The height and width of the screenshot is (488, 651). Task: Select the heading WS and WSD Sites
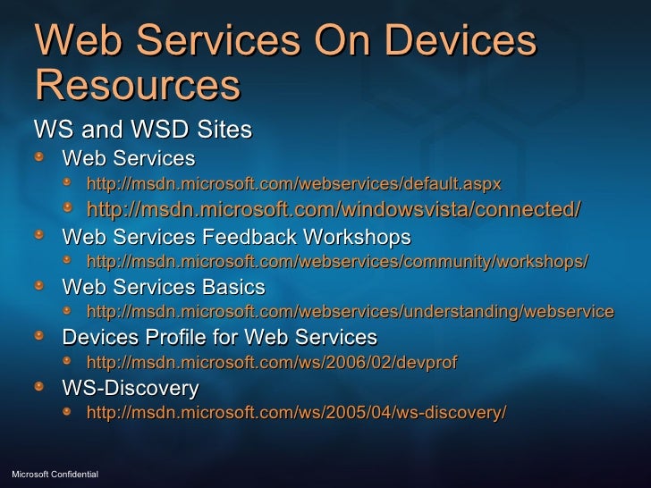(x=142, y=130)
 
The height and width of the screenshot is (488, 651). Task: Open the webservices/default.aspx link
(x=293, y=184)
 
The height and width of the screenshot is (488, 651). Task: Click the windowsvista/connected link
(x=333, y=209)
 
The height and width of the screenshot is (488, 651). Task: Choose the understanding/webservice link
(x=350, y=312)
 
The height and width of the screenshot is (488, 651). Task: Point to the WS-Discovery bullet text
(x=130, y=389)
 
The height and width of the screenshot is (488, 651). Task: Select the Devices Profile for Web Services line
(x=219, y=338)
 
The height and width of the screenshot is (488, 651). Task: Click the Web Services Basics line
(x=163, y=287)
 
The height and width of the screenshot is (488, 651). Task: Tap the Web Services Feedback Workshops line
(x=236, y=237)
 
